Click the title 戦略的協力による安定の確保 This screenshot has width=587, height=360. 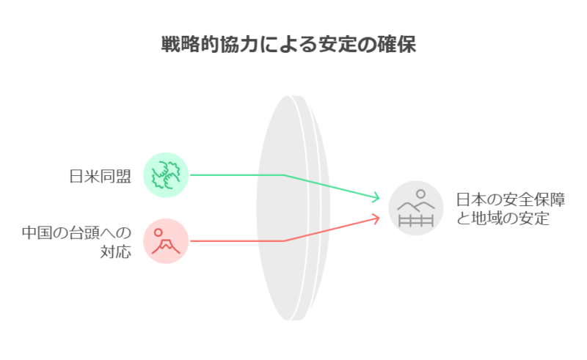tap(288, 45)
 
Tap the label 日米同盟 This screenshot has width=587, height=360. tap(101, 176)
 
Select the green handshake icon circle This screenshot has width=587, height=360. tap(166, 175)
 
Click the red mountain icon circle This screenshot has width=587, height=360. tap(166, 241)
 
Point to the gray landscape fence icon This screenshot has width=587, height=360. tap(416, 208)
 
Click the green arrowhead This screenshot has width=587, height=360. tap(376, 197)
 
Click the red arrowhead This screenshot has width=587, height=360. tap(376, 218)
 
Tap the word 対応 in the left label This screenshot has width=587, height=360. tap(116, 251)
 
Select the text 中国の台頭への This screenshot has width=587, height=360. tap(77, 232)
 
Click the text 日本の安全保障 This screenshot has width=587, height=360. tap(511, 199)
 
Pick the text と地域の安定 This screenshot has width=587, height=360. tap(503, 218)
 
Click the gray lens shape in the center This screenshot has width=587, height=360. tap(293, 208)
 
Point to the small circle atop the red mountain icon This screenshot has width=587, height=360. tap(158, 232)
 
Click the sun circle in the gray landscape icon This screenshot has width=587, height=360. tap(420, 194)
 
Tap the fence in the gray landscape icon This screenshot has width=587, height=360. tap(416, 221)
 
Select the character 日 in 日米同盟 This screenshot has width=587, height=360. tap(77, 176)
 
